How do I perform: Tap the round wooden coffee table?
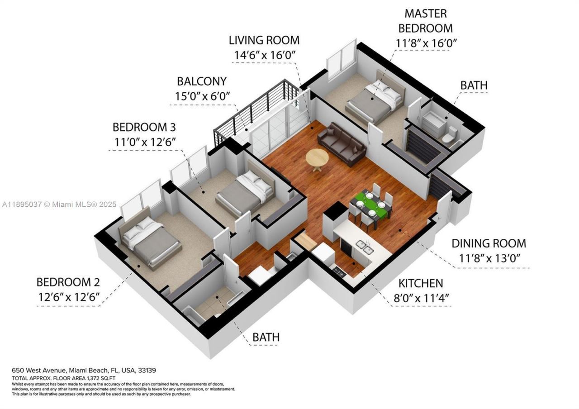[317, 158]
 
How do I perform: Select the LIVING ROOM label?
[264, 40]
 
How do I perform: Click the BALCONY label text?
[201, 81]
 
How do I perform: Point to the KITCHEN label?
[420, 284]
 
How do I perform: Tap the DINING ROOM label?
[489, 243]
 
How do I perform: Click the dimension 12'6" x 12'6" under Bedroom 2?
[68, 298]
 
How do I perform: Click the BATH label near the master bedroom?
[474, 85]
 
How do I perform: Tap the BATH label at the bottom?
[266, 337]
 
